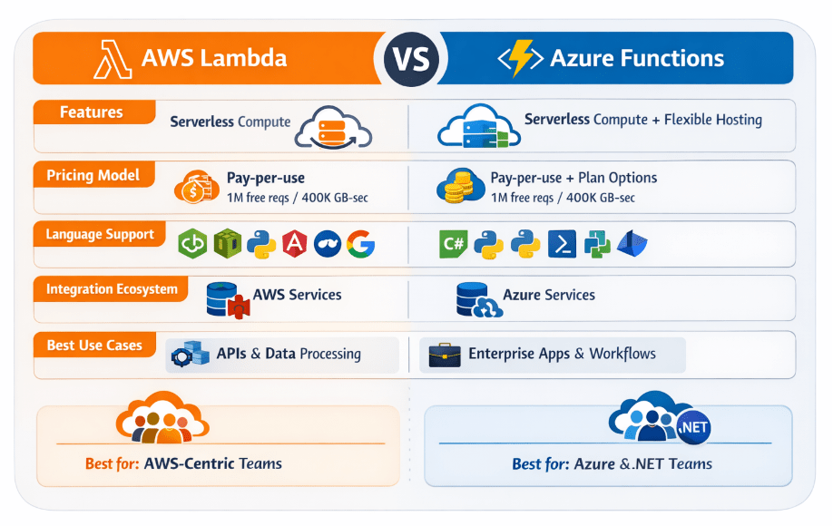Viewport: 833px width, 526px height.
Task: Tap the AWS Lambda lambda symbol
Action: [x=112, y=59]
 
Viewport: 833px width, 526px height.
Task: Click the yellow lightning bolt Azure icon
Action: [x=522, y=59]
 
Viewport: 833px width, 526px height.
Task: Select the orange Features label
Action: [x=91, y=112]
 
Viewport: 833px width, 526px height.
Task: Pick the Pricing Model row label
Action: [x=93, y=175]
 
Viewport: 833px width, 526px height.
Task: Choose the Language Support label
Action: [x=100, y=234]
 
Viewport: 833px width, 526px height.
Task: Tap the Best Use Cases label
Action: [x=94, y=346]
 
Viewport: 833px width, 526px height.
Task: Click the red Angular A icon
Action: [x=294, y=243]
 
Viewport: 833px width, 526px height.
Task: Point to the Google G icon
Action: [x=360, y=243]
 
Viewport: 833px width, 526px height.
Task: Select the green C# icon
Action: [x=453, y=244]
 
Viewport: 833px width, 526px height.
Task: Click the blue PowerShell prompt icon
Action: [x=563, y=244]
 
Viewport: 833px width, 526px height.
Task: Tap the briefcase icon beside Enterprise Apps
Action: [x=445, y=355]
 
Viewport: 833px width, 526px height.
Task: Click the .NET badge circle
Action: [x=693, y=427]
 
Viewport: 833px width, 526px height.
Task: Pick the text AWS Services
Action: [x=297, y=295]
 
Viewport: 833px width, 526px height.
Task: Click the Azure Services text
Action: [x=549, y=295]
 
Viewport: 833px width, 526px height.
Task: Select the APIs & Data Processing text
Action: [x=289, y=354]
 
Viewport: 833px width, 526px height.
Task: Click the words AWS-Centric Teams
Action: [x=213, y=463]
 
